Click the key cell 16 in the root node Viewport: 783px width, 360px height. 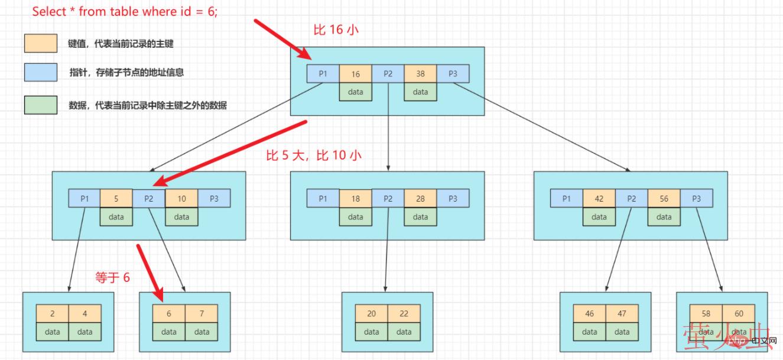point(355,74)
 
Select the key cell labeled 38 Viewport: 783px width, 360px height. point(420,74)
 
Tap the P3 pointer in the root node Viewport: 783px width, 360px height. point(453,74)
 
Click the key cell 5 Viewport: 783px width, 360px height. point(116,199)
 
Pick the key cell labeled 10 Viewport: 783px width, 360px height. point(181,199)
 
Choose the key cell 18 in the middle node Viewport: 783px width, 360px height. point(355,199)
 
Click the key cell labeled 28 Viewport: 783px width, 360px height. point(420,199)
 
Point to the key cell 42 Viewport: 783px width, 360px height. point(599,199)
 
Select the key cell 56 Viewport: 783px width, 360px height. point(664,199)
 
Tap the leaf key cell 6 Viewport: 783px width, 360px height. point(168,314)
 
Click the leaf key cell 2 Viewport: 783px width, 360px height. point(52,314)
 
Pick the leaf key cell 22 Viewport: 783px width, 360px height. point(404,314)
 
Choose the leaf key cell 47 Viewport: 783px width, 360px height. point(622,314)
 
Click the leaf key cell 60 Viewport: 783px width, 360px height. point(739,314)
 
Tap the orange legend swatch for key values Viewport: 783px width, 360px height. point(41,43)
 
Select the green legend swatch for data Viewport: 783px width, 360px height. point(41,105)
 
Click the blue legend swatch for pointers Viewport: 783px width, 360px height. point(41,72)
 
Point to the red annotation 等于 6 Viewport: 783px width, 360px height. point(112,277)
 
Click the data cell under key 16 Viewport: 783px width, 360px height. point(355,92)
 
